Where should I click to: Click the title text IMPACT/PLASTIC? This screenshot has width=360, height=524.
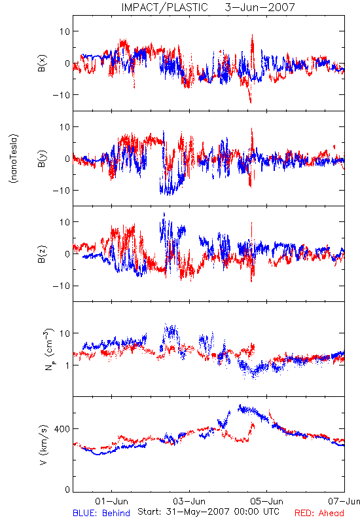tap(165, 7)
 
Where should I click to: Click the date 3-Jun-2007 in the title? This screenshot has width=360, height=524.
tap(260, 7)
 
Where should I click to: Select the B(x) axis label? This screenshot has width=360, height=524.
tap(42, 63)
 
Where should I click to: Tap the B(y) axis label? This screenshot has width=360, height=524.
tap(42, 159)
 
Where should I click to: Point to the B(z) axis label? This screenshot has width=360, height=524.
tap(42, 254)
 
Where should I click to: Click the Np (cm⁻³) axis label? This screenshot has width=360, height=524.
tap(49, 350)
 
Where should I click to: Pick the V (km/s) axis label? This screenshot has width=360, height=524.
tap(43, 445)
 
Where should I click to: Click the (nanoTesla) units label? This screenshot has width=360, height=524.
tap(14, 159)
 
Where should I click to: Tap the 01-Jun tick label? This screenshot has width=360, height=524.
tap(111, 501)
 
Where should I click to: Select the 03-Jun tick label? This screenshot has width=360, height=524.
tap(189, 501)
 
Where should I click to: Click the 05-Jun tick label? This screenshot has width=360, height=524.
tap(267, 501)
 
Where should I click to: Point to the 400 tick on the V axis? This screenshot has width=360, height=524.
tap(62, 429)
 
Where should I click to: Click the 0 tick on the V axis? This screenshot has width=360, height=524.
tap(67, 490)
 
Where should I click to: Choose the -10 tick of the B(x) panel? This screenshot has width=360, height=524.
tap(62, 95)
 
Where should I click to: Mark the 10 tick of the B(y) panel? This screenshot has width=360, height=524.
tap(65, 127)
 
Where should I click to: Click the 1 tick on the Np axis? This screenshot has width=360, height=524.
tap(68, 365)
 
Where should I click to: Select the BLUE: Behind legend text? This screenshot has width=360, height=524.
tap(101, 513)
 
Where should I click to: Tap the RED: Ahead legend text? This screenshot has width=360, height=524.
tap(319, 513)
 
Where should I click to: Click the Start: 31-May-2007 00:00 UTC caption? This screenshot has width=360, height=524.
tap(208, 512)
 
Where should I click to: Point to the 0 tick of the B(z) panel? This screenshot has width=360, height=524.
tap(67, 254)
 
